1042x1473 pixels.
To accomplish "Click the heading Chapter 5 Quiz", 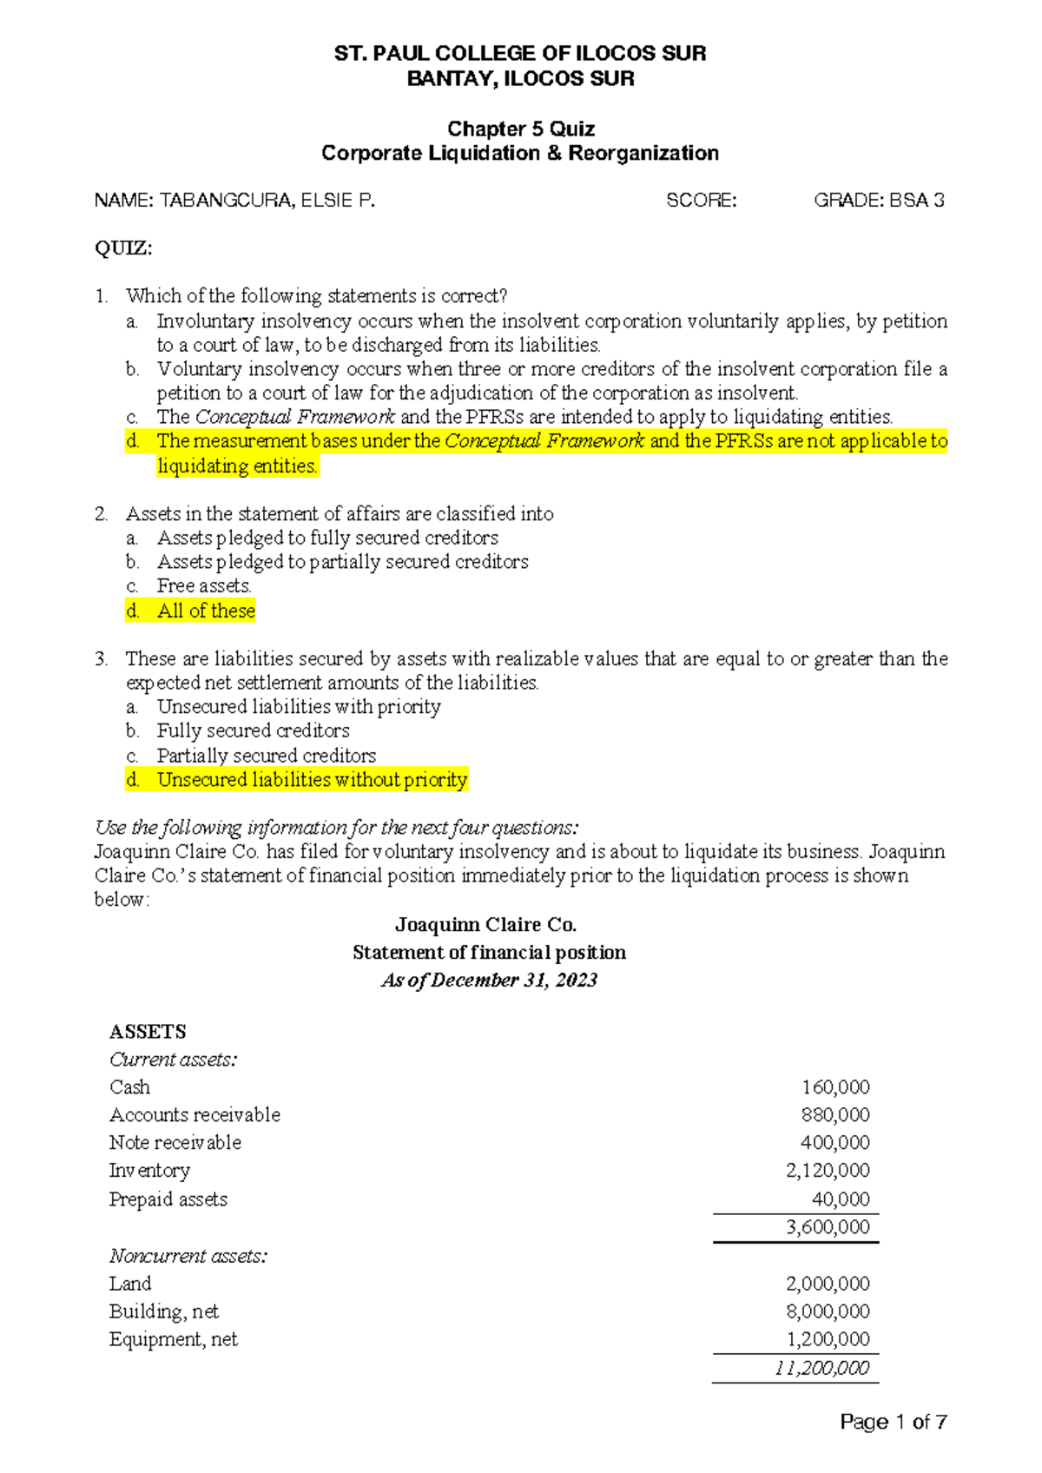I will click(x=520, y=129).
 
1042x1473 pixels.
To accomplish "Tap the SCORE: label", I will click(x=701, y=201).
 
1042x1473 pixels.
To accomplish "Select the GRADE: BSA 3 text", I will click(x=878, y=201).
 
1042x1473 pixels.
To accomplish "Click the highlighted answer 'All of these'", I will click(x=206, y=611).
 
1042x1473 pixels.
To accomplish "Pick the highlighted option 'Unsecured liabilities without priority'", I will click(x=312, y=779).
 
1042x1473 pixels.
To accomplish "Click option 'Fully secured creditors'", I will click(x=253, y=730).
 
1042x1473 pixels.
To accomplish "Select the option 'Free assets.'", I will click(x=204, y=586).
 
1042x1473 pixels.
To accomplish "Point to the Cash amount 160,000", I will click(x=834, y=1087).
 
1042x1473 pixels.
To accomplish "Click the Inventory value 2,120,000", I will click(x=828, y=1170).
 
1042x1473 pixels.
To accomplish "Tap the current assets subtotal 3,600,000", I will click(x=828, y=1226).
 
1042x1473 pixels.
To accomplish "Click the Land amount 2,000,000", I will click(x=828, y=1283).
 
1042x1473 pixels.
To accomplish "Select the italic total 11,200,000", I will click(x=821, y=1368).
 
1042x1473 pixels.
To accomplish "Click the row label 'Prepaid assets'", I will click(x=168, y=1199).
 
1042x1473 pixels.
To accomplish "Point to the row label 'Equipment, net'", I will click(x=173, y=1338).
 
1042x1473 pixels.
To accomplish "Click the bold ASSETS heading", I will click(x=148, y=1031).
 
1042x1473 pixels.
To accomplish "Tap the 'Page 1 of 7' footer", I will click(x=893, y=1422).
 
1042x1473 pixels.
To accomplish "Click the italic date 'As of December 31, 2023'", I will click(x=489, y=980).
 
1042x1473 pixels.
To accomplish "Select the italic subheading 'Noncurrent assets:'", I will click(x=188, y=1255).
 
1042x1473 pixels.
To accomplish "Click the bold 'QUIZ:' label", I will click(x=122, y=248).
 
